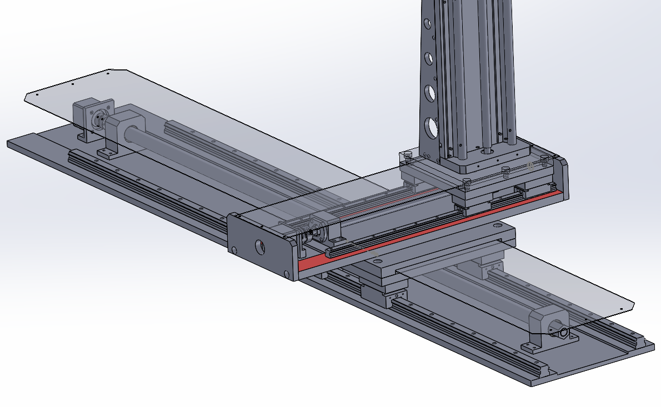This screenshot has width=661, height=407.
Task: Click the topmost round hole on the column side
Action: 427,24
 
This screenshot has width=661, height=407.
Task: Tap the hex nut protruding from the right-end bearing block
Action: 564,333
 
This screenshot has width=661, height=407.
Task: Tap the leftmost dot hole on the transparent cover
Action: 37,95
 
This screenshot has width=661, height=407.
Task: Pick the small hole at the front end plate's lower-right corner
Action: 286,274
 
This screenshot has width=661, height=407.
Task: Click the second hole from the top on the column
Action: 428,57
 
